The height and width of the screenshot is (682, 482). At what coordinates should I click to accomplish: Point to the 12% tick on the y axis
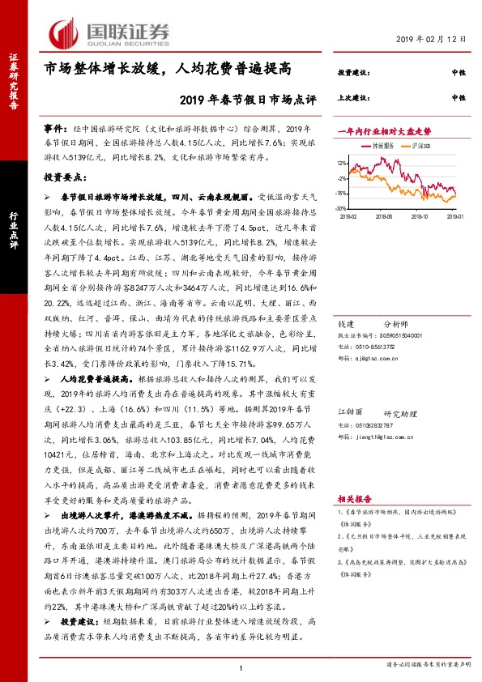pyautogui.click(x=340, y=163)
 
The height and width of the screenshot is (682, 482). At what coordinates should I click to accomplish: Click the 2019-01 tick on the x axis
pyautogui.click(x=455, y=215)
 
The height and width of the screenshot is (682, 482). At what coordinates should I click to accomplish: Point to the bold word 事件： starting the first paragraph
pyautogui.click(x=56, y=129)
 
